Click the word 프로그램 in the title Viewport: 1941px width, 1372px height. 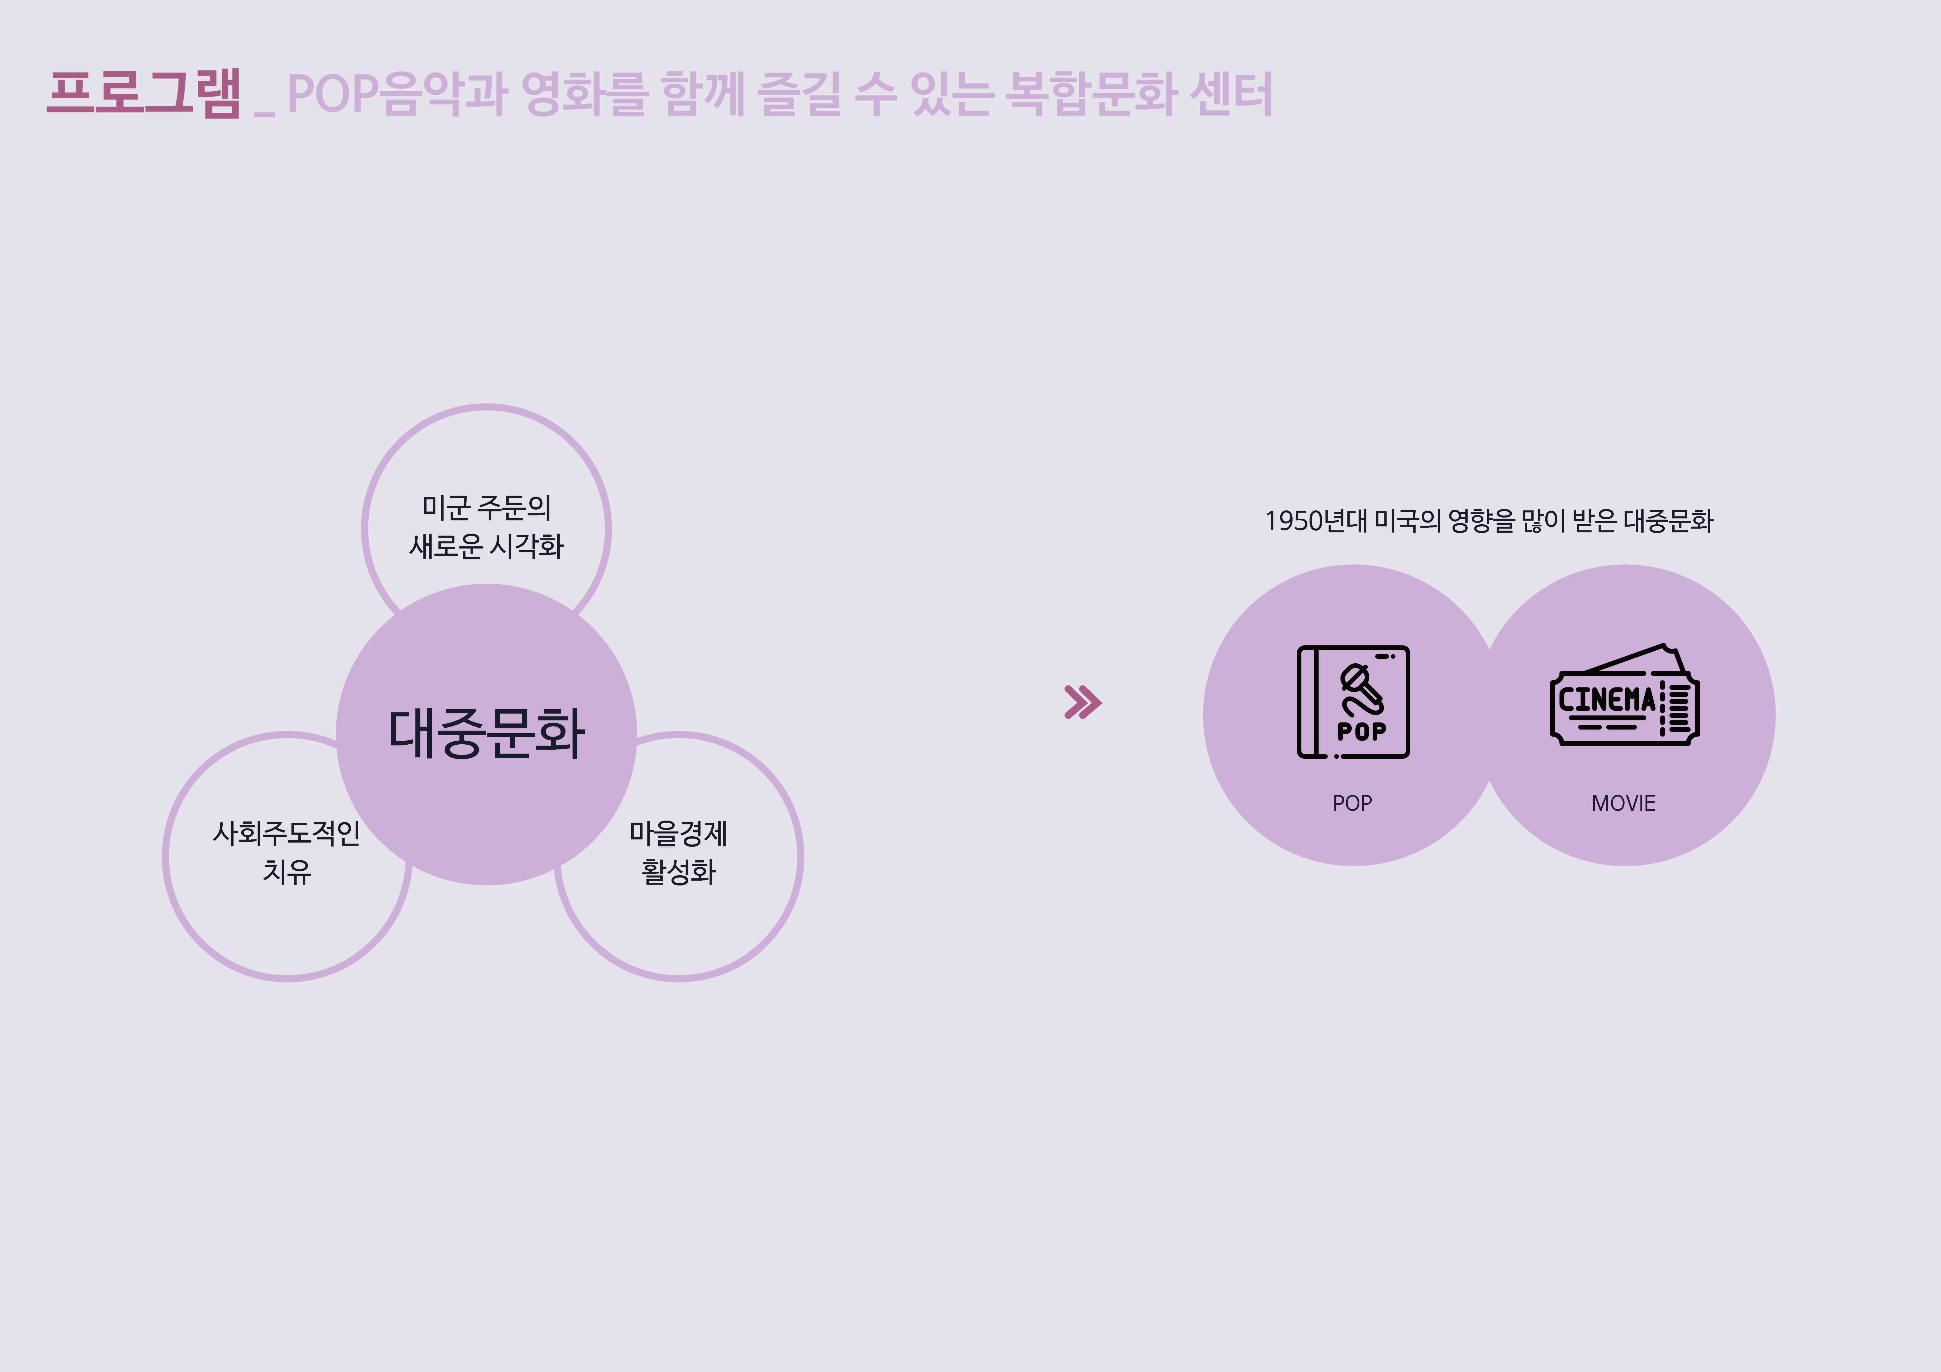click(144, 93)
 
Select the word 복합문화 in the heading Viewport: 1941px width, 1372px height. click(1090, 93)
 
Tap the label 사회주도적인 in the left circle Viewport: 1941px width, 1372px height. click(287, 833)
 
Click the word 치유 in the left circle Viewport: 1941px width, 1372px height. click(287, 871)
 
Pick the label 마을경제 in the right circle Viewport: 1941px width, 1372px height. click(678, 833)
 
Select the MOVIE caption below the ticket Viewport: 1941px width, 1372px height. click(1623, 803)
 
